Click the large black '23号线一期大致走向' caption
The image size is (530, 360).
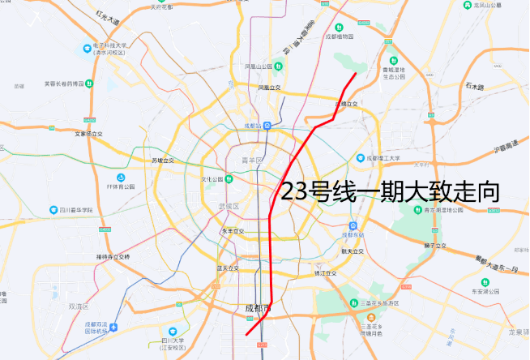tap(388, 191)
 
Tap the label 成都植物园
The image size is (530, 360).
tap(340, 36)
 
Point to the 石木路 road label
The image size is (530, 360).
tap(474, 86)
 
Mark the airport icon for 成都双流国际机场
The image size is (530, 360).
tap(114, 328)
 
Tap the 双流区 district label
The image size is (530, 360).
tap(79, 306)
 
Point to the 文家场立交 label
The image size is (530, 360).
tap(88, 133)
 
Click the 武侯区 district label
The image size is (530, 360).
tap(231, 206)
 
